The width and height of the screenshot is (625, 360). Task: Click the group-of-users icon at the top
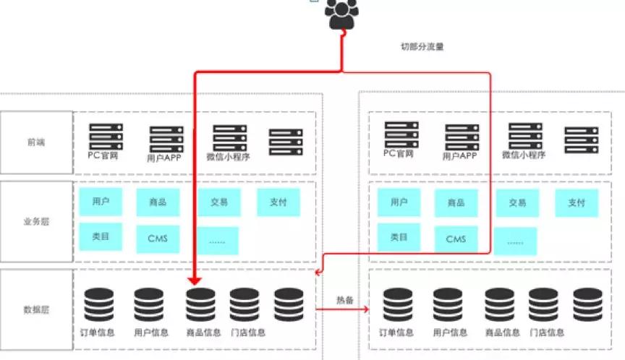click(341, 14)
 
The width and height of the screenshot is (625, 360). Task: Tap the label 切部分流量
click(422, 46)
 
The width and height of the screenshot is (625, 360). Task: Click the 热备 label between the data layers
click(344, 299)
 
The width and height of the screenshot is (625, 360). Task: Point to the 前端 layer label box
click(36, 142)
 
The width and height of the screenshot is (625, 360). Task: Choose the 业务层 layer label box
click(36, 221)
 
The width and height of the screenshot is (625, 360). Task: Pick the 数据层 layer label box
click(36, 309)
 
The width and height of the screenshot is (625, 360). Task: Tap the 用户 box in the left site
click(101, 202)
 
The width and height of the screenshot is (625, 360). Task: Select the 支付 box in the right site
click(577, 203)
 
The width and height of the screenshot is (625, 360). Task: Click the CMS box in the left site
click(158, 239)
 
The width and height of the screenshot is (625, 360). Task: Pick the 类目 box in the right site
click(399, 238)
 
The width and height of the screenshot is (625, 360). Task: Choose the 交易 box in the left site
click(219, 202)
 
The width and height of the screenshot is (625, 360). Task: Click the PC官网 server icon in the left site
click(106, 136)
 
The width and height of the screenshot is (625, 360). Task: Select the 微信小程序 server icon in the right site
click(526, 136)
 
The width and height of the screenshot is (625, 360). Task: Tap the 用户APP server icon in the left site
click(166, 139)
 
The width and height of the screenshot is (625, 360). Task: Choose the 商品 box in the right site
click(456, 203)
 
